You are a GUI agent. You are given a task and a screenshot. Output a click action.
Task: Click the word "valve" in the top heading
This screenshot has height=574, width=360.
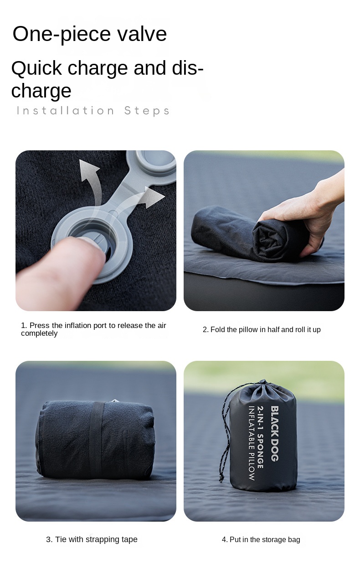pyautogui.click(x=142, y=34)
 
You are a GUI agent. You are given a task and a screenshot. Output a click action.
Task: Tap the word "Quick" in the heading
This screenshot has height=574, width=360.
pyautogui.click(x=36, y=69)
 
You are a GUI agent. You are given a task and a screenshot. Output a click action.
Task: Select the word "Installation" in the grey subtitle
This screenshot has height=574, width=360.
pyautogui.click(x=65, y=111)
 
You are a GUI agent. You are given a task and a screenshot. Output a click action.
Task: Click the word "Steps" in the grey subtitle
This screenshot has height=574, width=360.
pyautogui.click(x=147, y=111)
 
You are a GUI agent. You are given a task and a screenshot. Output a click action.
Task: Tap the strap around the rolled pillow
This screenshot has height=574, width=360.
pyautogui.click(x=97, y=440)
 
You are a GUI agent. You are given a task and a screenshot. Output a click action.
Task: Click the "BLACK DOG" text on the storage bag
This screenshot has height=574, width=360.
pyautogui.click(x=275, y=433)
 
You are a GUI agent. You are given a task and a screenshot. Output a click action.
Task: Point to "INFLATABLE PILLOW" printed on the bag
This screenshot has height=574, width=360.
pyautogui.click(x=252, y=443)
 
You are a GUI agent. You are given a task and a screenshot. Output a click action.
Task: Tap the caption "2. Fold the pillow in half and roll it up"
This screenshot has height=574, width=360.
pyautogui.click(x=262, y=329)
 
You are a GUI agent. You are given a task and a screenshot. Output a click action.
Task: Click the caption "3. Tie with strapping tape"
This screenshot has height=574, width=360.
pyautogui.click(x=92, y=539)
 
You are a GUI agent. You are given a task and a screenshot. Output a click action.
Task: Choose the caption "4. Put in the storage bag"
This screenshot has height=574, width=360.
pyautogui.click(x=261, y=540)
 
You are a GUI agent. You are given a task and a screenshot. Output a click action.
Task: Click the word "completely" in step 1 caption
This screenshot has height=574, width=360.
pyautogui.click(x=39, y=333)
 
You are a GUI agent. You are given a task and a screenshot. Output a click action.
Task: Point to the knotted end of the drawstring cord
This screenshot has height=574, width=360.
pyautogui.click(x=221, y=479)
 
